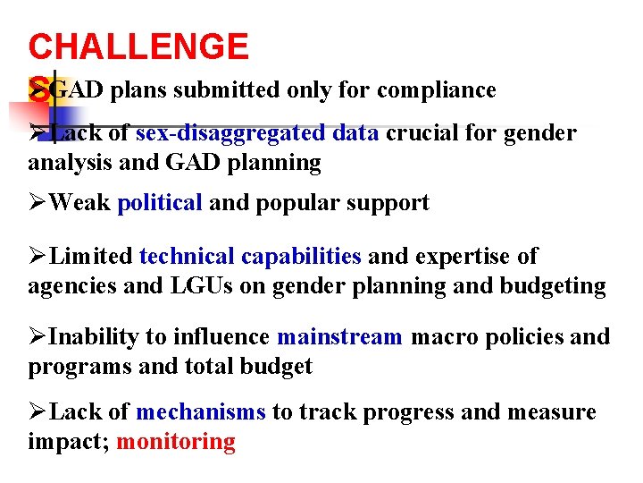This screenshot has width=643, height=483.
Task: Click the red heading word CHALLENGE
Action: point(138,47)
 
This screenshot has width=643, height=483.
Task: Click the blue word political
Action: point(160,203)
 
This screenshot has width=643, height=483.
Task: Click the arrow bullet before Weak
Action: point(38,203)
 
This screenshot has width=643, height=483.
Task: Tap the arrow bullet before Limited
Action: point(38,257)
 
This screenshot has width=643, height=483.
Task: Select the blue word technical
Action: point(187,257)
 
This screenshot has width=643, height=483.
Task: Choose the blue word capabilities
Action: point(301,257)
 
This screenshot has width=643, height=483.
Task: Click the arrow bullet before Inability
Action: point(38,337)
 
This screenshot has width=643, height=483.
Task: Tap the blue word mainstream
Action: point(339,337)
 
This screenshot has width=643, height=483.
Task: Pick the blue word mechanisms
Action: point(201,412)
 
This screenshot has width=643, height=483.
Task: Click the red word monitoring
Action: point(176,442)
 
